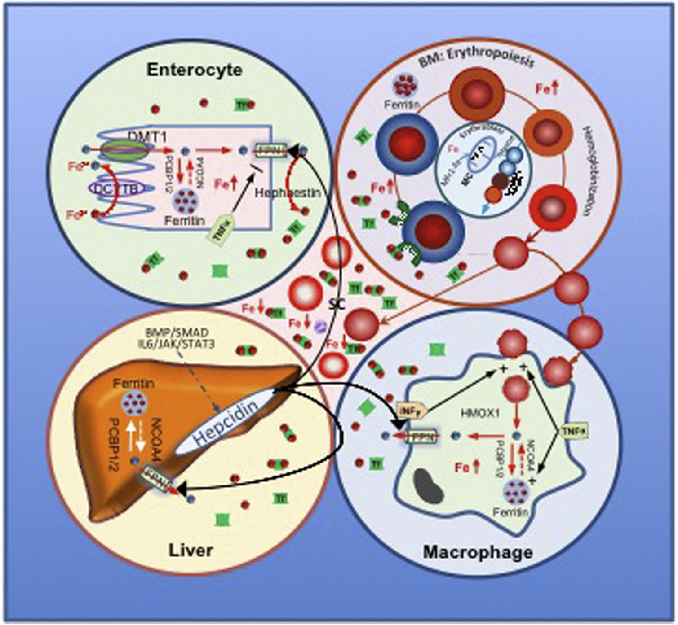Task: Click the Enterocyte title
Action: pos(194,70)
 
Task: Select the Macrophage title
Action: pos(478,552)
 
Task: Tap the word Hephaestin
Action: pos(288,193)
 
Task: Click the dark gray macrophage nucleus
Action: pos(429,487)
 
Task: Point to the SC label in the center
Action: pos(336,305)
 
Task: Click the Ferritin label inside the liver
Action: pos(133,384)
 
